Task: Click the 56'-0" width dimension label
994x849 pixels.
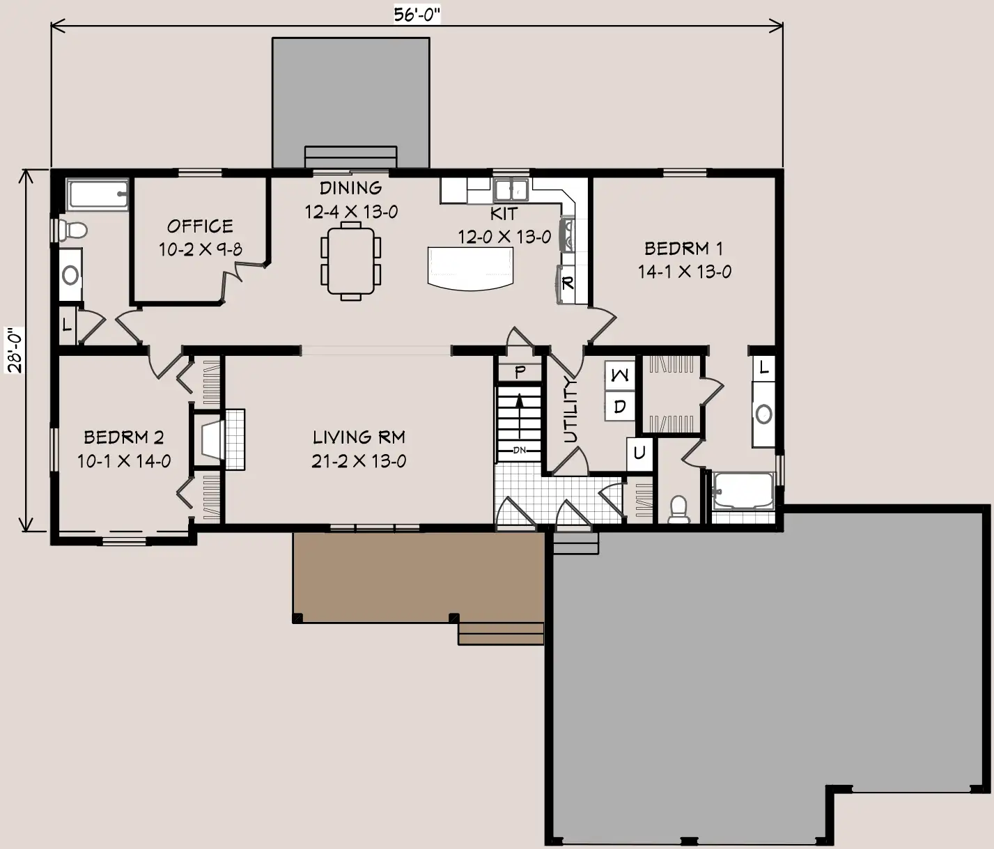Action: [417, 14]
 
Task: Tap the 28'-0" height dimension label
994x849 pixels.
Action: [14, 350]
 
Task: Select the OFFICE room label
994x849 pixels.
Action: [200, 226]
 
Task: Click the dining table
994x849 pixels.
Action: [350, 260]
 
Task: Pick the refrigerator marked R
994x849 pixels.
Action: [566, 284]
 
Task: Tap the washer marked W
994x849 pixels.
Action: [620, 375]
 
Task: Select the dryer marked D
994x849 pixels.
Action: [620, 406]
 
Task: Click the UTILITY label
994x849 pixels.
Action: [570, 410]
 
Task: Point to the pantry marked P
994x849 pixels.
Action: [520, 372]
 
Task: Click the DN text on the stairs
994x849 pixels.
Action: [520, 450]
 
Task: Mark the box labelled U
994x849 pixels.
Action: [639, 453]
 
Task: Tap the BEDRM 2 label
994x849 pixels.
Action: [123, 437]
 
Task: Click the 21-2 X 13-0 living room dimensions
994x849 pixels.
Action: [359, 461]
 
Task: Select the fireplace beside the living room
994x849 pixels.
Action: [219, 439]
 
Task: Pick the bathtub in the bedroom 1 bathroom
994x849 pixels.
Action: [743, 491]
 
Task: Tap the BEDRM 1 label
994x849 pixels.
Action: [683, 249]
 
